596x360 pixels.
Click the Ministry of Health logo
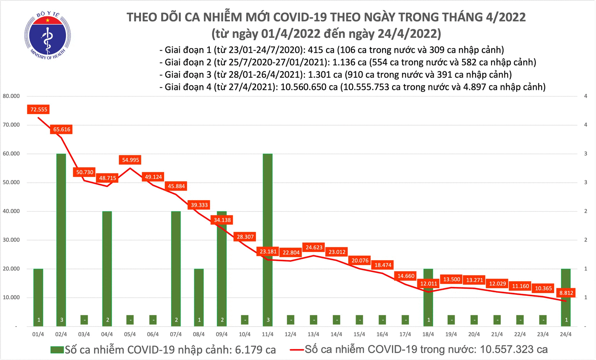[x=48, y=36]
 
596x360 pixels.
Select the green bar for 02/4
[x=61, y=236]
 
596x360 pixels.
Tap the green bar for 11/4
[x=267, y=236]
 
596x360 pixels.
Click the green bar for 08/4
[x=199, y=296]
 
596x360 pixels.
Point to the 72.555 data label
[x=39, y=109]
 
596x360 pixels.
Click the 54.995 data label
[x=131, y=160]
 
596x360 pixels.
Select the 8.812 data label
[x=566, y=293]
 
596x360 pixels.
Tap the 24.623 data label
[x=314, y=247]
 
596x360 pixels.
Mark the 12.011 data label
[x=429, y=283]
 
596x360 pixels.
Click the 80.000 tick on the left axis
[x=11, y=96]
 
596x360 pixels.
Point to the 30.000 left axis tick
[x=11, y=240]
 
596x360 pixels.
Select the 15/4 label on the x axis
[x=359, y=334]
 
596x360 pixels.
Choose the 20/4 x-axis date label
[x=474, y=334]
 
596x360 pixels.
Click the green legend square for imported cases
[x=57, y=350]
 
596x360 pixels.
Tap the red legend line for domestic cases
[x=296, y=350]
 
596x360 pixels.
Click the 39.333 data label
[x=199, y=205]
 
